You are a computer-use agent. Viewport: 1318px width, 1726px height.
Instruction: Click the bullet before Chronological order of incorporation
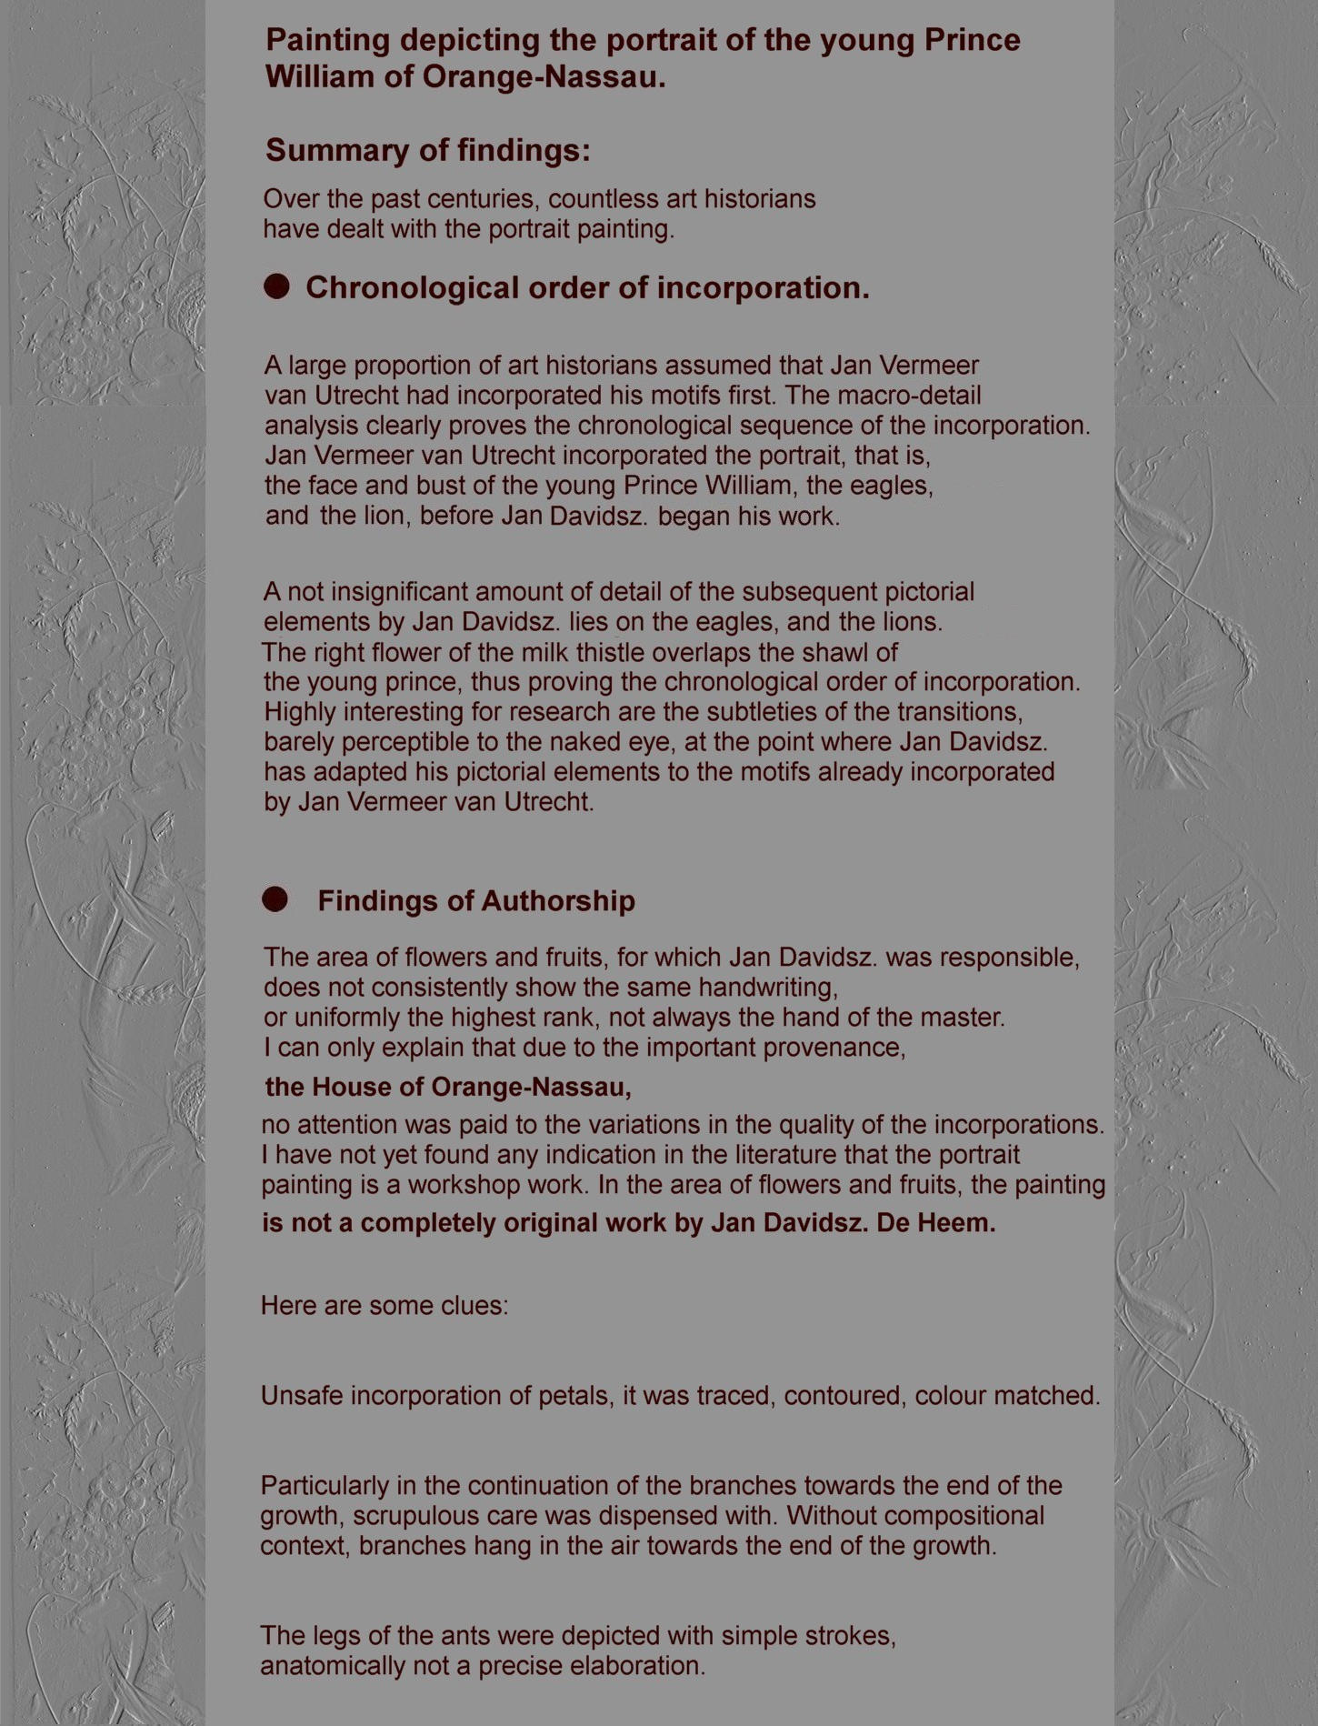click(276, 287)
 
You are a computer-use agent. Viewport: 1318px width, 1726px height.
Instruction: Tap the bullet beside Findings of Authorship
click(275, 900)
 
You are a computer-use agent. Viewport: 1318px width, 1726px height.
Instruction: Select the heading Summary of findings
click(427, 151)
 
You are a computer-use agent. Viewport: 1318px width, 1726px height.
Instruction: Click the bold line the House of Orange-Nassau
click(447, 1087)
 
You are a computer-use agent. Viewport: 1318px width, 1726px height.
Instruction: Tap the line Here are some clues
click(384, 1306)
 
